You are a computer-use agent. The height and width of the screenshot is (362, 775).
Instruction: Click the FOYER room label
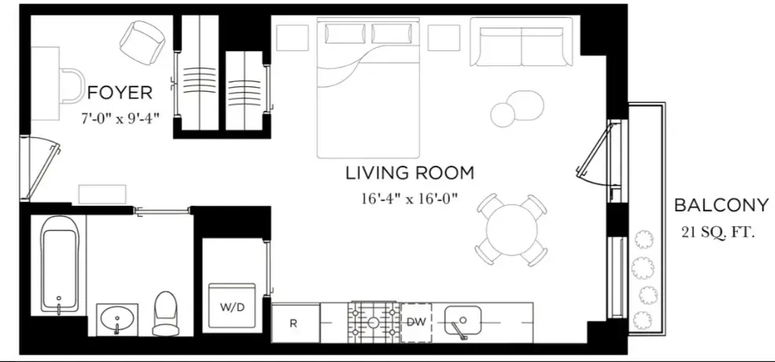tap(119, 93)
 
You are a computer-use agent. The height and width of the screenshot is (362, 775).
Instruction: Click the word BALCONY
tap(720, 206)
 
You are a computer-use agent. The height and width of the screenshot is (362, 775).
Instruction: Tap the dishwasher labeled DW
tap(416, 322)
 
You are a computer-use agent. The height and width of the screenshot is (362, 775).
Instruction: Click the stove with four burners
tap(374, 322)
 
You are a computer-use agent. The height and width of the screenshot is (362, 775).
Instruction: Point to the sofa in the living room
tap(521, 43)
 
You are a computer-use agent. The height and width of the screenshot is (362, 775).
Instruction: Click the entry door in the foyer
tap(39, 166)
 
